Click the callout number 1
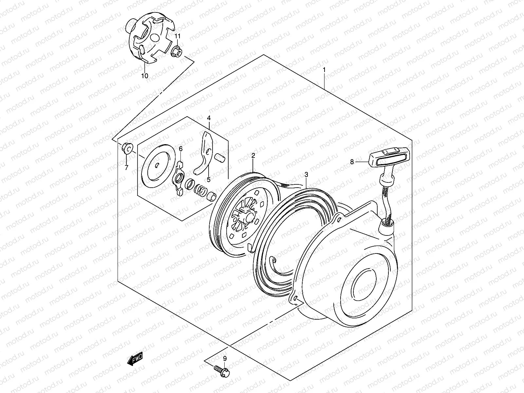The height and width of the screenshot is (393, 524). [x=324, y=70]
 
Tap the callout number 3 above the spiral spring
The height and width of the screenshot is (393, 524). [x=306, y=175]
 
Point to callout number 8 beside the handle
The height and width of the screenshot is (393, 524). [x=352, y=161]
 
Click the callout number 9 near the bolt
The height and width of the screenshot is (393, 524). [x=225, y=359]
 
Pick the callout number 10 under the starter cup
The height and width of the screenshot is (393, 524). [x=144, y=76]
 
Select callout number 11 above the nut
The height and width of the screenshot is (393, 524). [x=177, y=36]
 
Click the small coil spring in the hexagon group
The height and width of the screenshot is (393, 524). [x=201, y=190]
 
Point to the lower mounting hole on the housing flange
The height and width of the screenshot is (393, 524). [x=296, y=298]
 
